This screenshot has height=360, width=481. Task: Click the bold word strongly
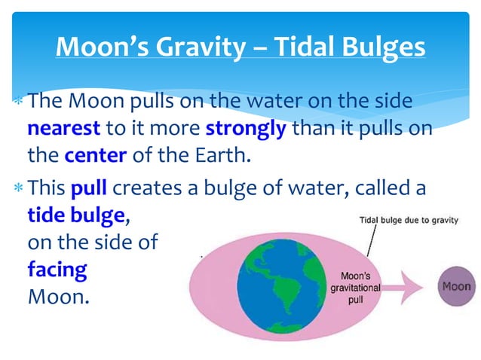245,128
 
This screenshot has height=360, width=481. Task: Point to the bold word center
95,157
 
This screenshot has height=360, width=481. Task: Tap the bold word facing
57,268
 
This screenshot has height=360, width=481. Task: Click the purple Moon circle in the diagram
455,286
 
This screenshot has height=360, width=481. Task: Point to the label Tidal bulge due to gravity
402,221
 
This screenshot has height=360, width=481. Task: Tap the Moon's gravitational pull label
355,287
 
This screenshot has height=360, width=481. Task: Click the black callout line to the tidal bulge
369,245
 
